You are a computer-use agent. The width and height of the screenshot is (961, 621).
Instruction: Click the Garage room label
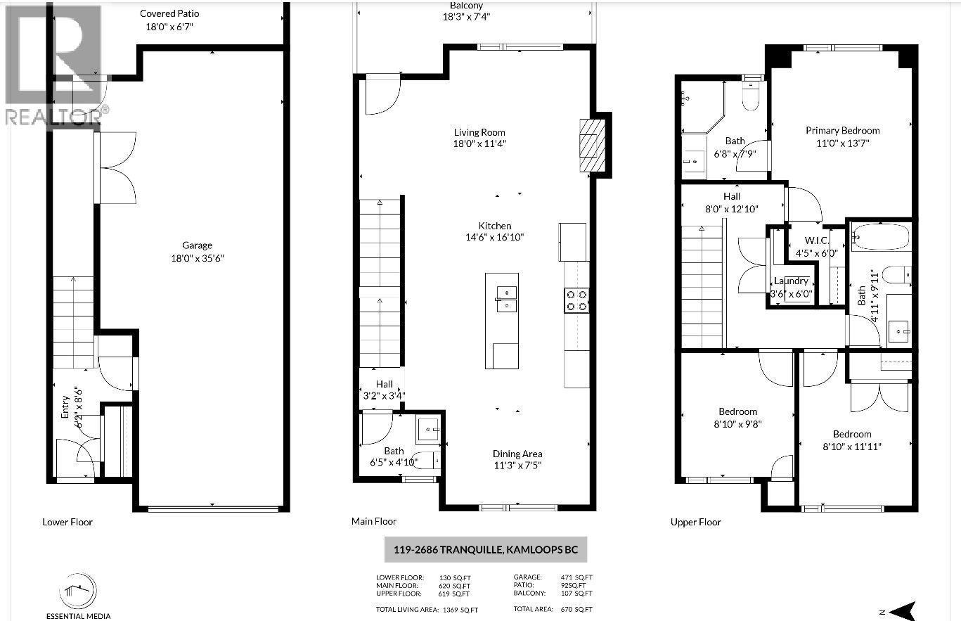[x=197, y=245]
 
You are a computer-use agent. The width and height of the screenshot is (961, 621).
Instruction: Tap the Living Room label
[x=479, y=132]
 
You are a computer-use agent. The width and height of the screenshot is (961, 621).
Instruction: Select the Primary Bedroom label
[x=842, y=130]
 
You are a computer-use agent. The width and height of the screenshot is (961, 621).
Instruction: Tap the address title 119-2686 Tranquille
[x=485, y=550]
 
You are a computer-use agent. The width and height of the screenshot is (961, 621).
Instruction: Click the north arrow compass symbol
[x=904, y=610]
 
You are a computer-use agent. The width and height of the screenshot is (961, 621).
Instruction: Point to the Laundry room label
[x=791, y=281]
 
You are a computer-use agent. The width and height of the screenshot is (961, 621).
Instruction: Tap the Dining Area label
[x=517, y=454]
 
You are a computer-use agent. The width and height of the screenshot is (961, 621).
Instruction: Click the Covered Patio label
[x=169, y=13]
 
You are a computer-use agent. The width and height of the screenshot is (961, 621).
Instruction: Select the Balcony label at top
[x=466, y=6]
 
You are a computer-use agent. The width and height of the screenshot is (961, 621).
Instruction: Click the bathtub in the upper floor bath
[x=882, y=237]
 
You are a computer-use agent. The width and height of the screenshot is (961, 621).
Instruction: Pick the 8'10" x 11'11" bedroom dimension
[x=852, y=446]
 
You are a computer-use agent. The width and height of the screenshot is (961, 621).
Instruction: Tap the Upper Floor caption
[x=695, y=522]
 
